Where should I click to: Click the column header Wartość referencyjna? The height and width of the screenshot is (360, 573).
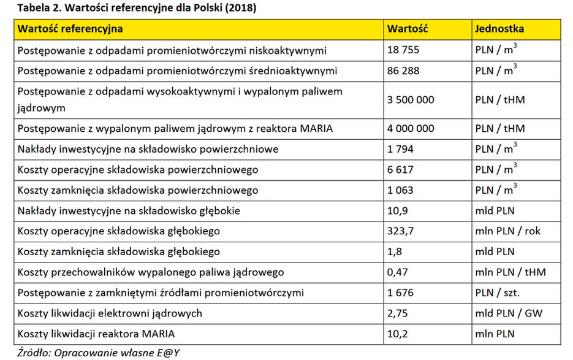coord(70,29)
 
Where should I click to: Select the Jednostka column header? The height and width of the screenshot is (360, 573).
coord(499,29)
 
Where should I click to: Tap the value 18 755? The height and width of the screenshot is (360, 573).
coord(403,50)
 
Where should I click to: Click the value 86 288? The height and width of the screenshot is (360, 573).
coord(403,71)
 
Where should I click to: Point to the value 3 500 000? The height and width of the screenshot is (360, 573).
coord(411,99)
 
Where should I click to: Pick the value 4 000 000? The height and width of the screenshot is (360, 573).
coord(411,128)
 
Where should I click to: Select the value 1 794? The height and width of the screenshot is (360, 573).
coord(401,149)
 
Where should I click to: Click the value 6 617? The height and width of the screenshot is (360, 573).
coord(401,169)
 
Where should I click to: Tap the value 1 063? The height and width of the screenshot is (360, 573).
coord(401,190)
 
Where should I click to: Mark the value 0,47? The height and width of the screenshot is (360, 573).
coord(398,272)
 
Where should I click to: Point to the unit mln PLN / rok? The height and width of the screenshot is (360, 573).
coord(508,231)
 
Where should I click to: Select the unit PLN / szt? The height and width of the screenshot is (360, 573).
coord(497,293)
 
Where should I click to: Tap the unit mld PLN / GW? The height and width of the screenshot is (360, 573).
coord(509,313)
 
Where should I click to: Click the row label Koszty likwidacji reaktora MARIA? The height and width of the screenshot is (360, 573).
coord(96,334)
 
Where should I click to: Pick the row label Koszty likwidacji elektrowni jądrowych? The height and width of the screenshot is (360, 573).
coord(110,313)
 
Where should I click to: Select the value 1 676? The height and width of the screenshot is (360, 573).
coord(401,293)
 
